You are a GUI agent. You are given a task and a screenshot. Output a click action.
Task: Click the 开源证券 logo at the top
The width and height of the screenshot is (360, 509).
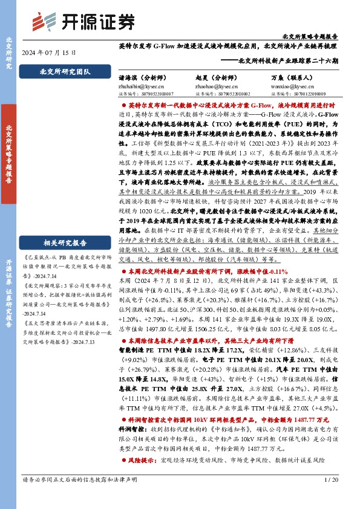(83, 22)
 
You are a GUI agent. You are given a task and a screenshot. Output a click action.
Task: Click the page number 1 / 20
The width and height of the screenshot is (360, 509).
(331, 496)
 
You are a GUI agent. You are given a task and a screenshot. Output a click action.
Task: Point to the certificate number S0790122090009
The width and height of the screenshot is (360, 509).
(301, 94)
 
